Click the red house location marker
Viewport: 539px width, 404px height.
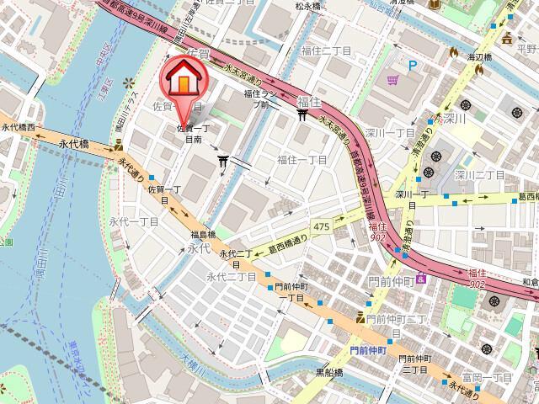180,81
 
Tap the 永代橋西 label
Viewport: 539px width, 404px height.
19,127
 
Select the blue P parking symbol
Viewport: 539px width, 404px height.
413,65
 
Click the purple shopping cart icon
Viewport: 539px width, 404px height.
393,81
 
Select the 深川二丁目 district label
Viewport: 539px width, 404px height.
479,174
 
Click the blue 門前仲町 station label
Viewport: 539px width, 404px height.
368,348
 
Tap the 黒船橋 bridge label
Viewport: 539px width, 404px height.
328,371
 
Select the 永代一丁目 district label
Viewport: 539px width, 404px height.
140,221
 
